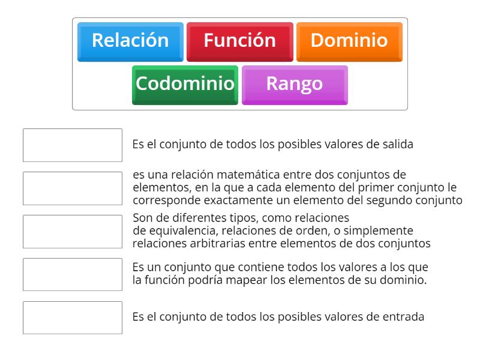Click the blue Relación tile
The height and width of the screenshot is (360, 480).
pyautogui.click(x=130, y=41)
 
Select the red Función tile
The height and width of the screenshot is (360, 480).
pyautogui.click(x=239, y=41)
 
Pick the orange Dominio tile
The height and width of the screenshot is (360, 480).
pyautogui.click(x=349, y=41)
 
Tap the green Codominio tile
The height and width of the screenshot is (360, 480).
pyautogui.click(x=185, y=84)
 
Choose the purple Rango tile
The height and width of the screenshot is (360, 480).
pyautogui.click(x=294, y=84)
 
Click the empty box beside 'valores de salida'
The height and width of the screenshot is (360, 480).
pyautogui.click(x=73, y=145)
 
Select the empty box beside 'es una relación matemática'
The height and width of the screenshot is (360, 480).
pyautogui.click(x=73, y=188)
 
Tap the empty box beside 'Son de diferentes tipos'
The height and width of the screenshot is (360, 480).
pyautogui.click(x=73, y=232)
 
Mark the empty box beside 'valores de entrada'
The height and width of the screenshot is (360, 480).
pyautogui.click(x=73, y=317)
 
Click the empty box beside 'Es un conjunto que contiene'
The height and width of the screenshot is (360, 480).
pyautogui.click(x=73, y=274)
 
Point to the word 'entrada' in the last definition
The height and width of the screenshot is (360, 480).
pyautogui.click(x=403, y=317)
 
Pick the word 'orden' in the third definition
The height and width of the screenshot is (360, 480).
pyautogui.click(x=313, y=231)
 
